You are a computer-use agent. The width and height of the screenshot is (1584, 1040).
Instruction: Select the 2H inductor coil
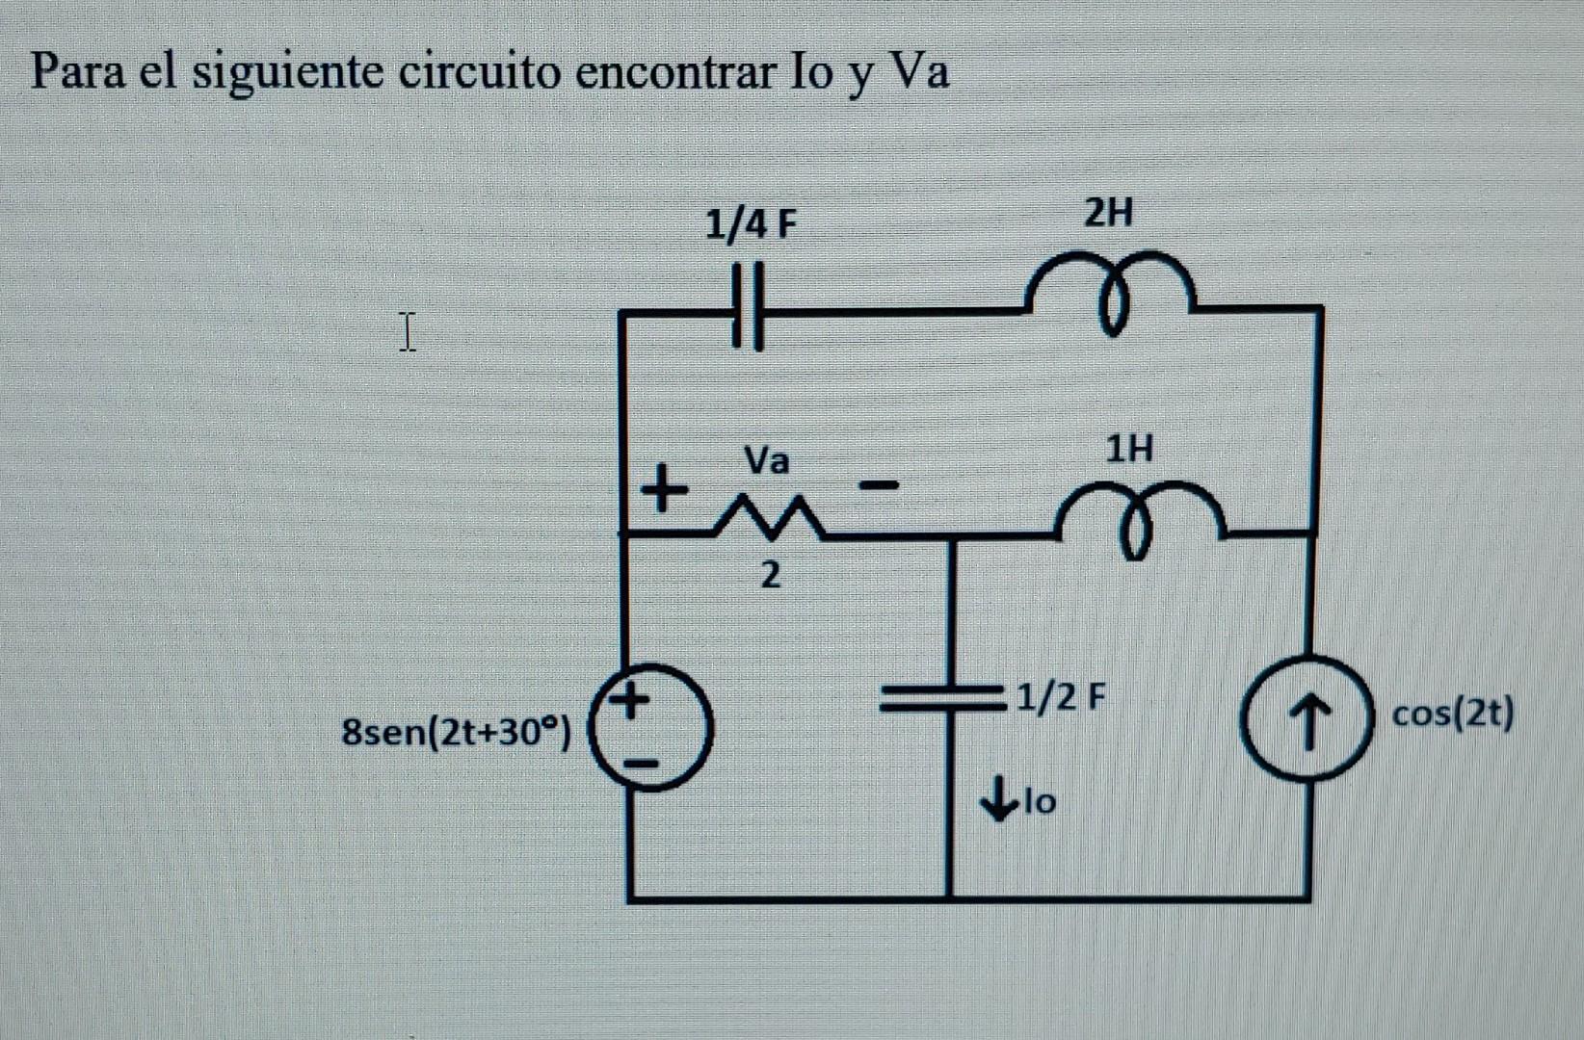click(x=1111, y=289)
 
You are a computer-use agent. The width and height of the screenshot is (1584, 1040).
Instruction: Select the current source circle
click(x=1308, y=717)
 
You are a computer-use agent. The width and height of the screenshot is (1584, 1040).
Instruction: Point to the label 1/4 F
click(x=752, y=225)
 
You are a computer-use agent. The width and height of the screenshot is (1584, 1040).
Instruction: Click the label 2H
click(x=1108, y=213)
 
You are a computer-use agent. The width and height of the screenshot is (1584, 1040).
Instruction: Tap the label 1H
click(x=1128, y=448)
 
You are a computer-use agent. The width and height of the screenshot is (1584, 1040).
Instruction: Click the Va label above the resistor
click(x=767, y=460)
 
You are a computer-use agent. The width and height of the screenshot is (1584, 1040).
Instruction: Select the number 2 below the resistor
click(x=769, y=576)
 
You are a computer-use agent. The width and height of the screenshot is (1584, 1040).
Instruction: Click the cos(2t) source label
click(x=1453, y=715)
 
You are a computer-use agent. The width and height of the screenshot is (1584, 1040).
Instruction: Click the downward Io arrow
click(x=995, y=800)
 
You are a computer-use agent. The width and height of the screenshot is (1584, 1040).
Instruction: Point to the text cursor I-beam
click(x=408, y=331)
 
